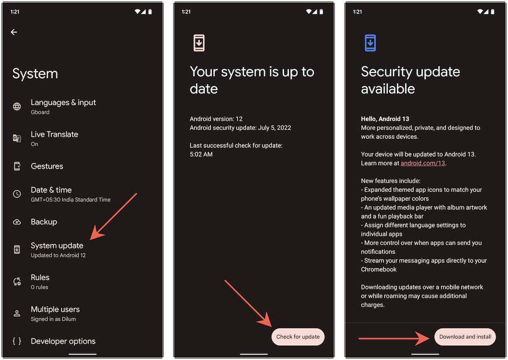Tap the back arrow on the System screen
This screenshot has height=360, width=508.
click(x=14, y=32)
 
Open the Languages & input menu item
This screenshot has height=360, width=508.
click(x=63, y=103)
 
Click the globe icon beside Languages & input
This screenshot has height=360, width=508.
click(x=17, y=107)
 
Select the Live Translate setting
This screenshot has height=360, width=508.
click(x=54, y=134)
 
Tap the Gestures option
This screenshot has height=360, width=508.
click(x=47, y=166)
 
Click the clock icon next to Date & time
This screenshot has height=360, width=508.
click(x=17, y=194)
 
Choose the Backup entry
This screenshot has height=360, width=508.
click(x=44, y=222)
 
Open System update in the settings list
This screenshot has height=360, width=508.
click(x=57, y=245)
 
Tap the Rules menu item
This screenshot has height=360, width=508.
click(x=40, y=277)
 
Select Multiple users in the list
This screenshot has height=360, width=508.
click(x=55, y=309)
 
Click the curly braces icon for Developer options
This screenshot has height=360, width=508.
click(x=17, y=341)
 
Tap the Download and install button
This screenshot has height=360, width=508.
click(x=465, y=337)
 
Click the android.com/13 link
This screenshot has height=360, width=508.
click(x=423, y=163)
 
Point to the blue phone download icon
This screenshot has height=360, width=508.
click(x=370, y=43)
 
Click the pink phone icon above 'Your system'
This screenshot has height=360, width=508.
click(x=198, y=43)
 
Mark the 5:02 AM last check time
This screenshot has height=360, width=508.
click(x=201, y=154)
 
